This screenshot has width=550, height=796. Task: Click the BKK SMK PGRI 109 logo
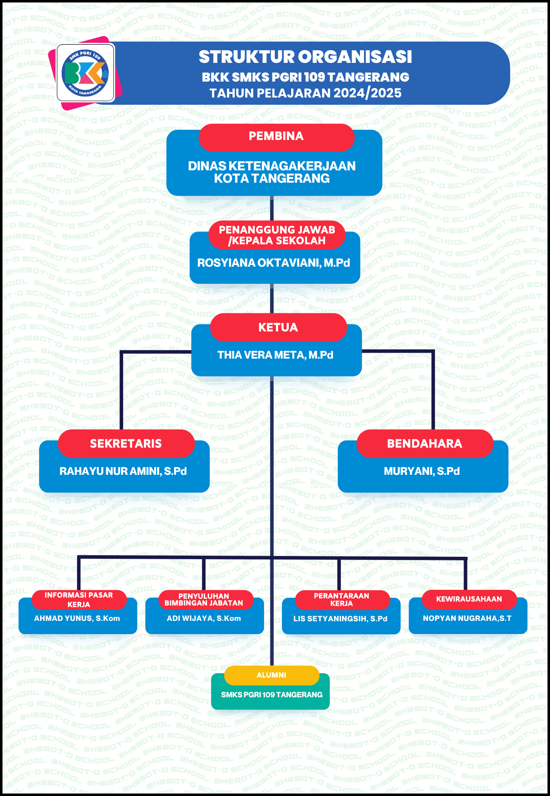(x=86, y=72)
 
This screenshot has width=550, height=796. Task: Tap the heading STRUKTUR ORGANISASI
(x=305, y=57)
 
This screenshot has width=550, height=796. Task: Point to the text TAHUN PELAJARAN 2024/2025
(x=305, y=93)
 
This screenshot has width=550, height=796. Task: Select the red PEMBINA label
(x=276, y=137)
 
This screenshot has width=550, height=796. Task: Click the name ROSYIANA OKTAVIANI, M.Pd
(x=274, y=263)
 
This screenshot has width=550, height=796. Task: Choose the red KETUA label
(x=278, y=328)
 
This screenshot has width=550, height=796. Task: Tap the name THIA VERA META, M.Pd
(x=275, y=355)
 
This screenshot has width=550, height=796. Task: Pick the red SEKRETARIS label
(x=126, y=444)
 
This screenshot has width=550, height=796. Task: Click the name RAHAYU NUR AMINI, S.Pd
(x=123, y=471)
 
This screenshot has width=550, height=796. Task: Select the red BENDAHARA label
(x=425, y=444)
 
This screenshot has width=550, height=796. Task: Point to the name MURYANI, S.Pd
(x=422, y=471)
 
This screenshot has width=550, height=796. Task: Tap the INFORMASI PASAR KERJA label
(x=79, y=600)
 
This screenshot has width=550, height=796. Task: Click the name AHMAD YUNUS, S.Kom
(x=77, y=618)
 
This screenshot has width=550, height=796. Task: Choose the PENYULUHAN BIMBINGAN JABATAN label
(x=204, y=600)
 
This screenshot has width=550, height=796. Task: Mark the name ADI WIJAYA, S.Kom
(x=204, y=618)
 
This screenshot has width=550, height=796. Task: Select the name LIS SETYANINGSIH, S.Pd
(x=341, y=619)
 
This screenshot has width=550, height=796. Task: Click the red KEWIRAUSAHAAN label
(x=469, y=599)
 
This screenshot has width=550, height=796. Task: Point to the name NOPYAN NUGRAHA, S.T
(x=467, y=618)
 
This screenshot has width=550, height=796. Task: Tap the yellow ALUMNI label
(x=272, y=675)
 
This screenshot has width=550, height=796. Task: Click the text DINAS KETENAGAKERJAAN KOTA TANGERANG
(x=272, y=172)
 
